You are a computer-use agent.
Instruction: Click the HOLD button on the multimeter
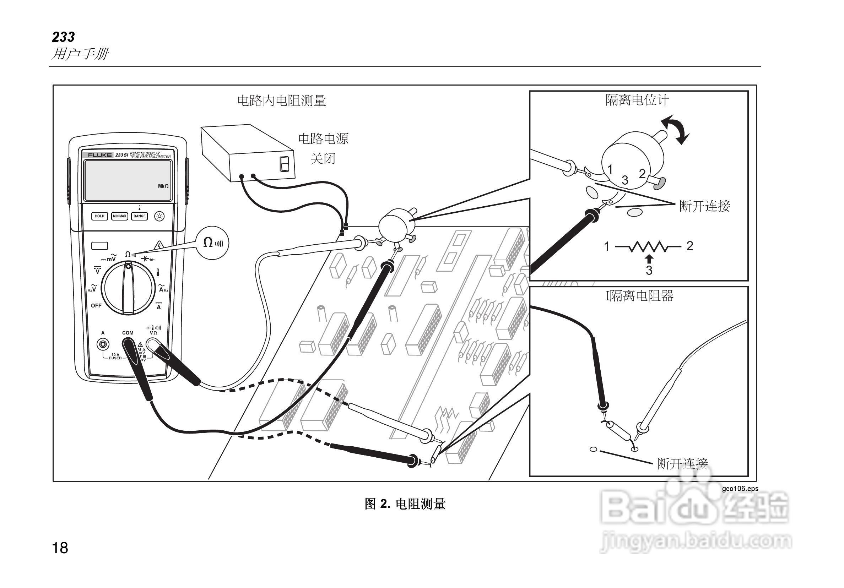point(99,216)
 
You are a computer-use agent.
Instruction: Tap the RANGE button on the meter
point(139,216)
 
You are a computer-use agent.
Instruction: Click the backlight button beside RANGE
point(159,217)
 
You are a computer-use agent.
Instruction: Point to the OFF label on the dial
point(96,305)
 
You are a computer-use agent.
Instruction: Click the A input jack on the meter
point(103,344)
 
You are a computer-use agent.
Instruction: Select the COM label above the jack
point(128,333)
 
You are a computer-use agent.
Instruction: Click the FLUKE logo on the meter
point(99,155)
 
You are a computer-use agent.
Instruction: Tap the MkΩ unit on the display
point(163,186)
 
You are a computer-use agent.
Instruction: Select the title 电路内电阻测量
point(282,100)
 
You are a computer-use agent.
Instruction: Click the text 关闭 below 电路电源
point(323,159)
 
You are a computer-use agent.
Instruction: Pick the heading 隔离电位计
point(637,100)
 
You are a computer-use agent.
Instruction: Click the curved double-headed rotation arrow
point(675,129)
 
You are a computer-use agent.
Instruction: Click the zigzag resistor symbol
point(648,246)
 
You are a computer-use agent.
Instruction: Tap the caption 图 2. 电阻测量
point(405,504)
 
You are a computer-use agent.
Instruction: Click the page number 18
point(60,548)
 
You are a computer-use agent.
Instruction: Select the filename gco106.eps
point(740,489)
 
